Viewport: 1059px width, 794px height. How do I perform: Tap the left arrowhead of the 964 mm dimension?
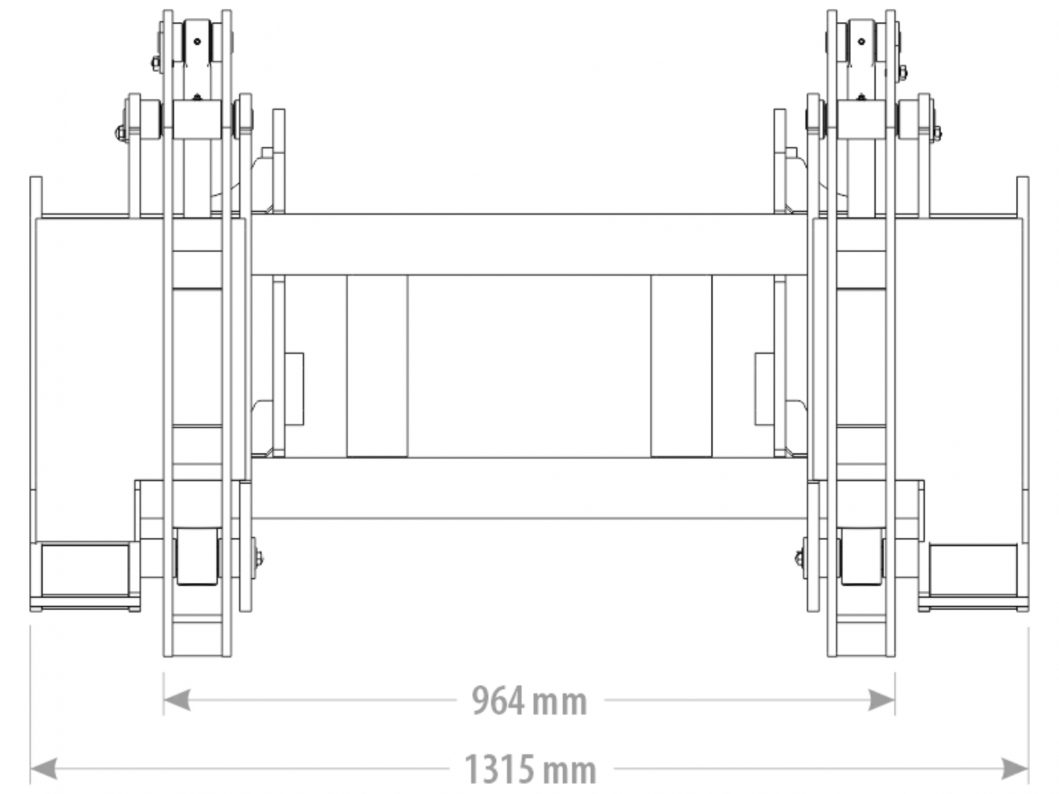tap(177, 700)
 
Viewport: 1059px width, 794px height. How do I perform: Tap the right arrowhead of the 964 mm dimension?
tap(882, 700)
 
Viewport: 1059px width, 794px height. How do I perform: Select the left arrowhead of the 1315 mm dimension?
tap(44, 768)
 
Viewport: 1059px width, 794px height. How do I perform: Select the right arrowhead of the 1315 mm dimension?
tap(1015, 768)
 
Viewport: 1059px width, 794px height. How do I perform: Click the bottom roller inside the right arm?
tap(862, 556)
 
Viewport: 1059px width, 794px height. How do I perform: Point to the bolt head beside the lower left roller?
tap(258, 558)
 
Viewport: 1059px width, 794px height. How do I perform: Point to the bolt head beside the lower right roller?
tap(800, 558)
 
